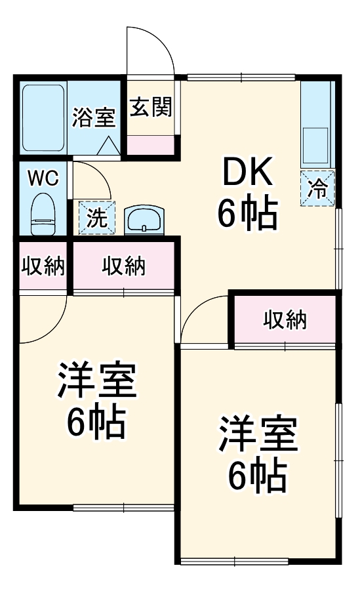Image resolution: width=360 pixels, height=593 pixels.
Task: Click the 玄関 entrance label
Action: click(x=150, y=107)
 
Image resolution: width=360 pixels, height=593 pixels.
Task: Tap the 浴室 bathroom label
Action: click(x=94, y=118)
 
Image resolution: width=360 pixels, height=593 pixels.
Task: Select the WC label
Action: click(x=43, y=177)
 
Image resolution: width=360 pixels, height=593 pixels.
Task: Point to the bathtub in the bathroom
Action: click(x=43, y=117)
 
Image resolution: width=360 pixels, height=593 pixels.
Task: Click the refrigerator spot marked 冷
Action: click(x=318, y=188)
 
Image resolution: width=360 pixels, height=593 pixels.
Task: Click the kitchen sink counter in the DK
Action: click(x=317, y=125)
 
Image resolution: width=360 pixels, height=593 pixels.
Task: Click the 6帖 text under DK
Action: click(x=247, y=214)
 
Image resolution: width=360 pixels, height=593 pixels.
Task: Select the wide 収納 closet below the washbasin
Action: click(x=123, y=266)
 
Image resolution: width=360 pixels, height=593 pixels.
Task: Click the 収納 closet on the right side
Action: click(x=285, y=319)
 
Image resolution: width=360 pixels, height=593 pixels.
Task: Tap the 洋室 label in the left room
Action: click(x=96, y=382)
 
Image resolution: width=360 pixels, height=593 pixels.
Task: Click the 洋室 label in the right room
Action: click(x=258, y=434)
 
